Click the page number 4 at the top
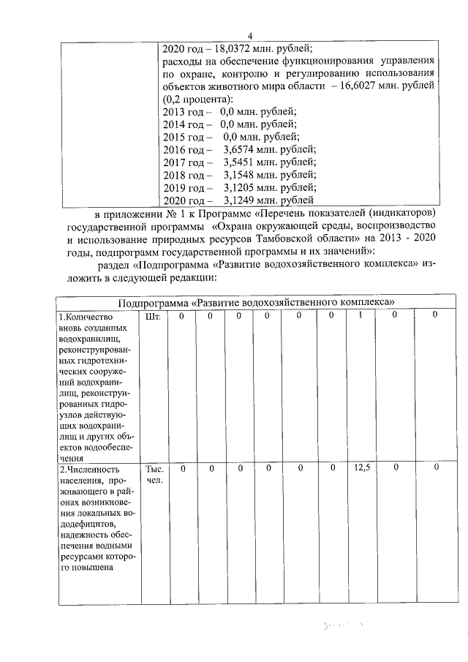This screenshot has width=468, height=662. (249, 37)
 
